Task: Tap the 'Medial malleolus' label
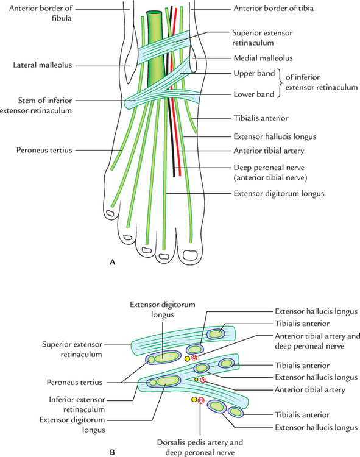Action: tap(261, 58)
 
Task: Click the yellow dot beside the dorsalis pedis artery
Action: tap(194, 400)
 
